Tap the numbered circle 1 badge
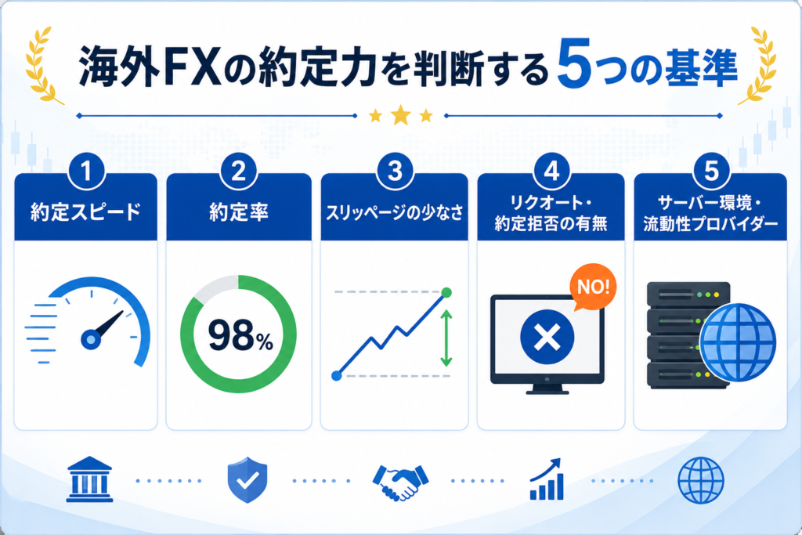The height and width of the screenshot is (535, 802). [x=86, y=172]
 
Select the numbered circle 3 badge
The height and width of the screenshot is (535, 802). [x=395, y=172]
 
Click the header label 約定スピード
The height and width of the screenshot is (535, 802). [x=85, y=212]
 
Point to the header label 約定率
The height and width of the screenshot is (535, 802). [x=239, y=212]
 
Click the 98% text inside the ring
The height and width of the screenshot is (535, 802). [x=240, y=335]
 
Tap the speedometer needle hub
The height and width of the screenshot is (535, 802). [x=91, y=339]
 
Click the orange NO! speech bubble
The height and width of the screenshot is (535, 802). [x=594, y=287]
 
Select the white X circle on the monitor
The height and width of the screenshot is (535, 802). [x=547, y=337]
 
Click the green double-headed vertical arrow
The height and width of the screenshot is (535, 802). [x=446, y=338]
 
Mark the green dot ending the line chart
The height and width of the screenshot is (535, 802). [x=446, y=292]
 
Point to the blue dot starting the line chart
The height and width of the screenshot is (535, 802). [x=337, y=376]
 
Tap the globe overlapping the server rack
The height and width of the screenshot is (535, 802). [x=738, y=342]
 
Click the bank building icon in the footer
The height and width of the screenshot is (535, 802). [x=89, y=479]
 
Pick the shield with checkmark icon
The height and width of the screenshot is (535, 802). [x=247, y=479]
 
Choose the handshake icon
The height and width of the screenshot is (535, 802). [x=400, y=482]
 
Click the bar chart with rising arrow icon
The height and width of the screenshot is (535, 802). [x=547, y=479]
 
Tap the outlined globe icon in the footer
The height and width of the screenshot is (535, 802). [x=701, y=480]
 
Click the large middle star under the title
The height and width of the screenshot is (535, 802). [x=400, y=116]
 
